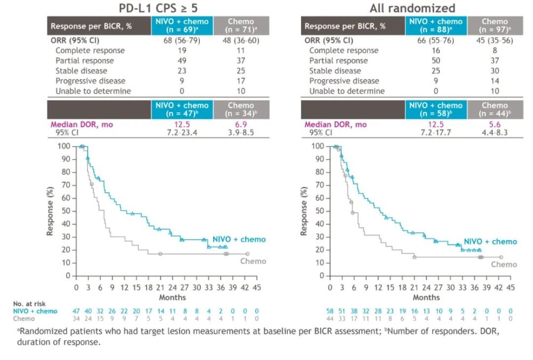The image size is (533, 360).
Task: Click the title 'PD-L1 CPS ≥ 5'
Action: pyautogui.click(x=156, y=8)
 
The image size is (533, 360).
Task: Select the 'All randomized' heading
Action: pyautogui.click(x=413, y=8)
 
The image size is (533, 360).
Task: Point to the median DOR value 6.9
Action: pyautogui.click(x=241, y=125)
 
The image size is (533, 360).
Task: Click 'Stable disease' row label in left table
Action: pyautogui.click(x=82, y=71)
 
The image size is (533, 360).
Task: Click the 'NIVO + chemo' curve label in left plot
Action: pyautogui.click(x=239, y=240)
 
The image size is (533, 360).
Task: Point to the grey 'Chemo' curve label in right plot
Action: pyautogui.click(x=504, y=264)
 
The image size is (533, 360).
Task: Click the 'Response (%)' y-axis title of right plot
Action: pyautogui.click(x=304, y=211)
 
